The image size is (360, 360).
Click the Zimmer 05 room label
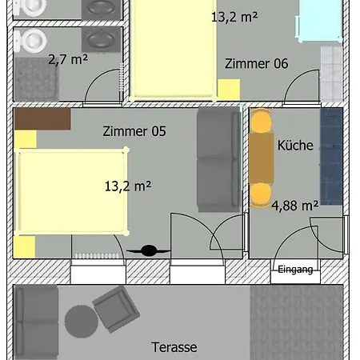coord(134,131)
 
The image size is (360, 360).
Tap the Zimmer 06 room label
coord(257,64)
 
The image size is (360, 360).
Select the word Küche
coord(295,146)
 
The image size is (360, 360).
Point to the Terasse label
coord(174,347)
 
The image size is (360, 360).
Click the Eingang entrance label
coord(295,270)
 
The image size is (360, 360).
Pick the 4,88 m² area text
coord(295,206)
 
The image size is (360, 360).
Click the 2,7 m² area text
coord(68,59)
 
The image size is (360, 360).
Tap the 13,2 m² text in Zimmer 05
coord(128,186)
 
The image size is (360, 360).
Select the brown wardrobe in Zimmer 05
coord(42,119)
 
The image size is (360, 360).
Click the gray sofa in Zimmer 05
coord(218,159)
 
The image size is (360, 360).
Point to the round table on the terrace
coord(82,322)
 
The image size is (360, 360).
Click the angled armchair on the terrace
coord(116,309)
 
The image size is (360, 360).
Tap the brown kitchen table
coord(262,158)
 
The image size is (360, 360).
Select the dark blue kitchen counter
coord(331,157)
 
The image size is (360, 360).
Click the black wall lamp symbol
coord(149,250)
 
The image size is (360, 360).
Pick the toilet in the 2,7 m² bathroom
coord(30,41)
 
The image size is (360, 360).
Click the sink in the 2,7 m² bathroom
coord(101,39)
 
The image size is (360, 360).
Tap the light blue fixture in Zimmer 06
coord(319,22)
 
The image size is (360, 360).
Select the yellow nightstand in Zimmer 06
coord(229,90)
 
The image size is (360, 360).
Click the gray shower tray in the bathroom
coord(36,79)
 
